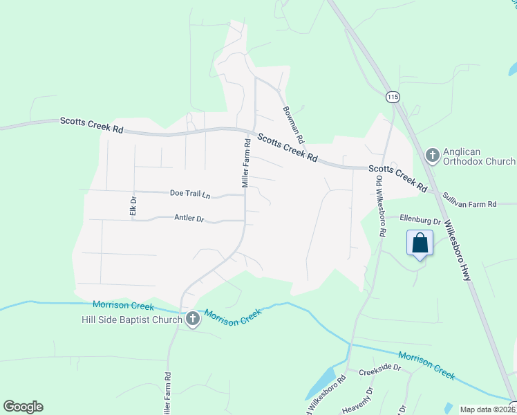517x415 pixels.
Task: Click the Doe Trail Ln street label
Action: point(189,194)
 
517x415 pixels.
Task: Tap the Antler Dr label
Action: point(189,219)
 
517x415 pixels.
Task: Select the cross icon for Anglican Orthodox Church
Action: point(433,155)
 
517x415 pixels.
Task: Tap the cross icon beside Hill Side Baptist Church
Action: point(192,319)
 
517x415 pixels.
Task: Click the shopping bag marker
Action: point(420,243)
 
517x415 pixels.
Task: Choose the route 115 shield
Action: point(393,98)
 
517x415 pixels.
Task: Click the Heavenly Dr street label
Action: point(357,400)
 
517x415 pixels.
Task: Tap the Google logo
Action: point(23,407)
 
